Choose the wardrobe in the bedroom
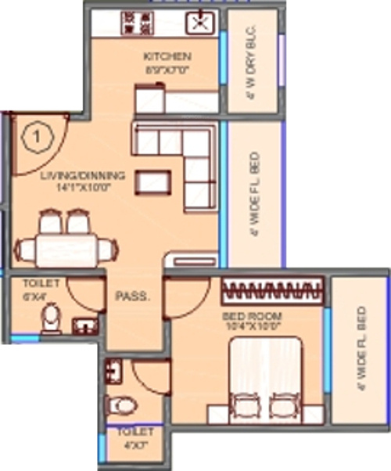coord(273,293)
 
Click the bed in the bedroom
coord(264,376)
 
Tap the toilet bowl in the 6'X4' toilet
coord(51,318)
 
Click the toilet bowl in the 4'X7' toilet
coord(123,404)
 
